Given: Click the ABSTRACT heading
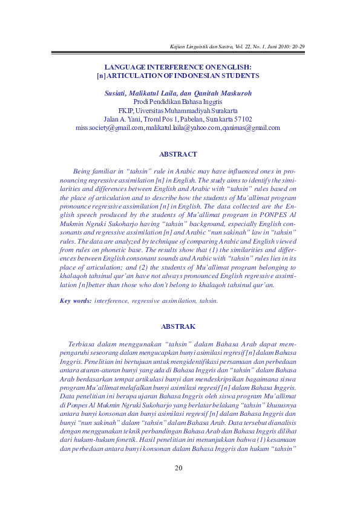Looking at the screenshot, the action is point(177,155).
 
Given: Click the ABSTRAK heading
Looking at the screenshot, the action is point(178,326).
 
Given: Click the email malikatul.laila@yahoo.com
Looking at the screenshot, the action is point(183,128).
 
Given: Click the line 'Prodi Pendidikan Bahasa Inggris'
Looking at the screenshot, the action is point(178,102).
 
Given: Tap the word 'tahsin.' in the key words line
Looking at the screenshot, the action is point(208,300).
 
